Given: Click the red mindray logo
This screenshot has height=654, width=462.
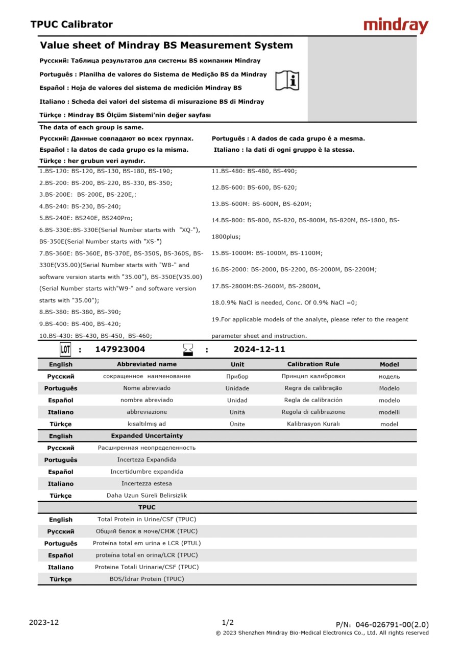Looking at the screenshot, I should click(396, 25).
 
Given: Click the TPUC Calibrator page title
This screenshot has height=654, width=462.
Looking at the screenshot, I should click(71, 25).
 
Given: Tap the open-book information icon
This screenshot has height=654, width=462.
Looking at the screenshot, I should click(287, 81).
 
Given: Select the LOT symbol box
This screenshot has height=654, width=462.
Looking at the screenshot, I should click(65, 349).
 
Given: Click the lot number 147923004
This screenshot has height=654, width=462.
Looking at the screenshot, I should click(120, 349).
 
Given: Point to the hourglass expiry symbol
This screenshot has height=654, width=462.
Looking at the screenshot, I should click(188, 349).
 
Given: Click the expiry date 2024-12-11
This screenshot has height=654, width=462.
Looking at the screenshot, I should click(259, 349).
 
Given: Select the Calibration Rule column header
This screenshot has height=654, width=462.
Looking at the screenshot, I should click(313, 364).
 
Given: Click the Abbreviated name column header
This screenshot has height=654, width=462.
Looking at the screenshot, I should click(147, 364).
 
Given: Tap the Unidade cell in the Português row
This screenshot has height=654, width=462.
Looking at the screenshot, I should click(237, 388).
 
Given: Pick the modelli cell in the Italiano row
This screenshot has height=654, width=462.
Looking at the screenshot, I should click(389, 412).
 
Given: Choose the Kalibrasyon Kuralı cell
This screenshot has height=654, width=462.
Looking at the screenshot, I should click(313, 424).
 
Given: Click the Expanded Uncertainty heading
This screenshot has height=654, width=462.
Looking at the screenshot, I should click(147, 436).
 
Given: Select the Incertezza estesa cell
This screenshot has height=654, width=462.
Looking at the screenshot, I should click(147, 483).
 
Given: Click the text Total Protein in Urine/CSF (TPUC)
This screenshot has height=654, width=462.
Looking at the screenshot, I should click(147, 520).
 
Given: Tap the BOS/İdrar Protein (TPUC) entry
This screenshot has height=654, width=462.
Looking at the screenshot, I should click(147, 579).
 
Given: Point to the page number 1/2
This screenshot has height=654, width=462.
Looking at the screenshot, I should click(228, 622).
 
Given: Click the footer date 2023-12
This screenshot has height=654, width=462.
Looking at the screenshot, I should click(44, 622).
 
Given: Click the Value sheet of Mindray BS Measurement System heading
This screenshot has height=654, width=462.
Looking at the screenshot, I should click(166, 45).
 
